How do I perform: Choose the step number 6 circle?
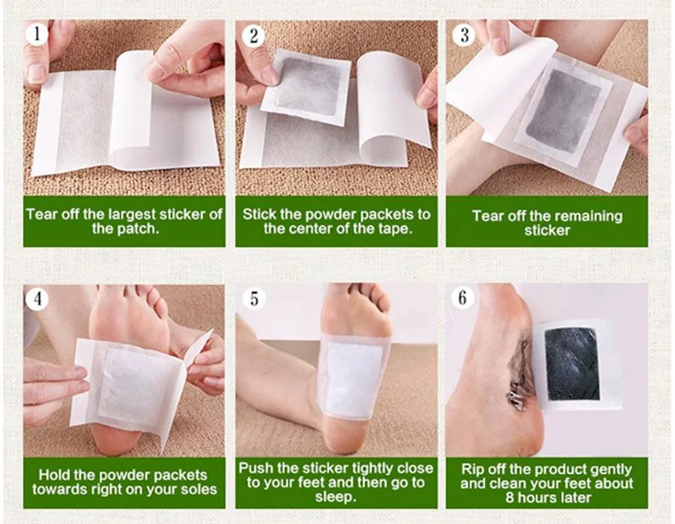pos(462,297)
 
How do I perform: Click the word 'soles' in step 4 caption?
pos(200,489)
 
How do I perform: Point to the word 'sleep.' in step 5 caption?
pos(336,497)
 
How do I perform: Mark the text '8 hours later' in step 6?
pos(547,498)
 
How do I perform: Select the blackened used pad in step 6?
pos(572,364)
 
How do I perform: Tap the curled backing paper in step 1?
pos(132,108)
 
